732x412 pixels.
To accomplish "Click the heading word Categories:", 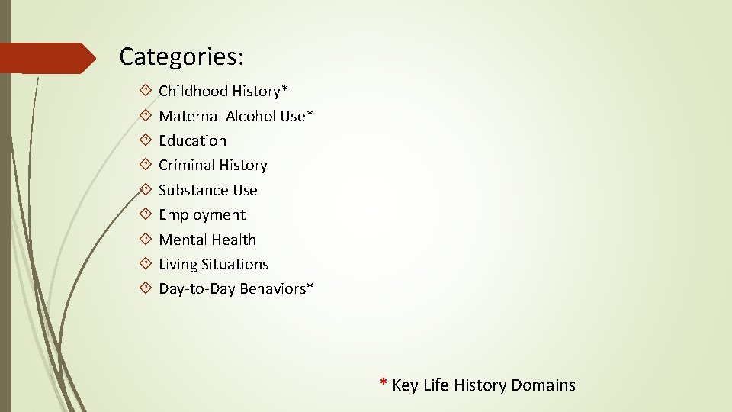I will click(181, 56).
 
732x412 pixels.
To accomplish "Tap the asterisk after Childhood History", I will click(285, 89).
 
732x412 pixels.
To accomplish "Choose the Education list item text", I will click(192, 140).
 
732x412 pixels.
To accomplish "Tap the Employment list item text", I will click(202, 215).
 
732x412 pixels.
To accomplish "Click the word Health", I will click(234, 240).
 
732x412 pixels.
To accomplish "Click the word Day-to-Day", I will click(197, 289).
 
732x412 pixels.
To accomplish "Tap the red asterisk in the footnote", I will click(384, 382).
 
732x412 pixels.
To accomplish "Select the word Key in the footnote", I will click(405, 385).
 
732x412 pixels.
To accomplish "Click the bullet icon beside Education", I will click(146, 140).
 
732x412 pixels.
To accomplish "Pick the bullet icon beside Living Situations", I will click(146, 264).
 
